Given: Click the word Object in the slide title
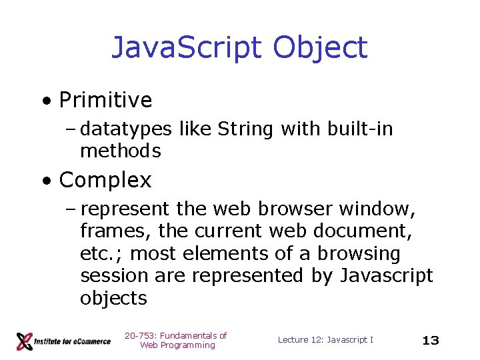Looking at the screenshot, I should tap(320, 48).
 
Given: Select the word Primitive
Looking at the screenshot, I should tap(105, 101).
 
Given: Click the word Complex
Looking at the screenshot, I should tap(105, 180).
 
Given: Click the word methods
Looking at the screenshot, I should tap(120, 151).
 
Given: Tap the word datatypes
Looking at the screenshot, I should tap(127, 129).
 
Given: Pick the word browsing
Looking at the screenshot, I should tap(359, 254).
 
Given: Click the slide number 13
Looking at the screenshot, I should tap(431, 341).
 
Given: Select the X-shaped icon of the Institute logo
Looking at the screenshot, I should tap(25, 341).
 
